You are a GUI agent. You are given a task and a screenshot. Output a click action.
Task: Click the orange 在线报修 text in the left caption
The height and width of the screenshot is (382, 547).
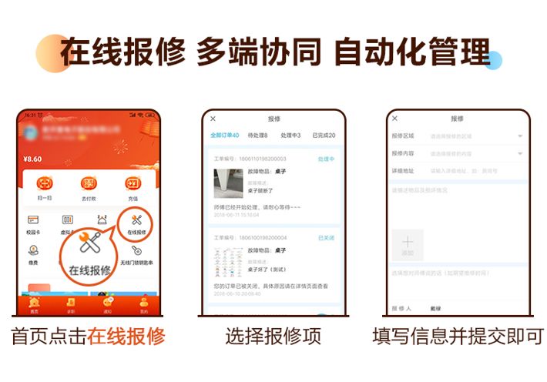[126, 337]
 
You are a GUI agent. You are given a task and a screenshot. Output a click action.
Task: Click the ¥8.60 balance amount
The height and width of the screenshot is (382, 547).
[32, 159]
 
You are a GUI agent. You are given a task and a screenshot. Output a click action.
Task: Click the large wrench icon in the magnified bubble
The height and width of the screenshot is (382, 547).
[90, 248]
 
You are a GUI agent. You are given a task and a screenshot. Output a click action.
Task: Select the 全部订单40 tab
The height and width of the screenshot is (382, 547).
[225, 136]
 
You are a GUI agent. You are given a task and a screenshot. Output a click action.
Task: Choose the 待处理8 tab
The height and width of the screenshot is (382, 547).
[257, 136]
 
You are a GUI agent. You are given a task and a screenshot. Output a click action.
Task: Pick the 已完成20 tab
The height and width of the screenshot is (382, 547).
[323, 136]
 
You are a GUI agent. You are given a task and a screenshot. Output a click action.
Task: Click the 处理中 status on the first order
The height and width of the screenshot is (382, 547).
[326, 159]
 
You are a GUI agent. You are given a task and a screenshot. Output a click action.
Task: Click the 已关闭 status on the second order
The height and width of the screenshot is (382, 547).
[326, 238]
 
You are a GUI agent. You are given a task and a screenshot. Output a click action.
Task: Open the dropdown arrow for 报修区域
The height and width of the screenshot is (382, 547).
[520, 136]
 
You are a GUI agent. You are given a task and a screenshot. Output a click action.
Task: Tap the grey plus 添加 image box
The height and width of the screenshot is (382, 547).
[408, 245]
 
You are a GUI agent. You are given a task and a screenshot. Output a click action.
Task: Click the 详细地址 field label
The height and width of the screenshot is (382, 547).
[403, 170]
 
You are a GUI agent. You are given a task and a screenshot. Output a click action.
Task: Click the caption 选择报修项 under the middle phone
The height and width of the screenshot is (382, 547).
[273, 337]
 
